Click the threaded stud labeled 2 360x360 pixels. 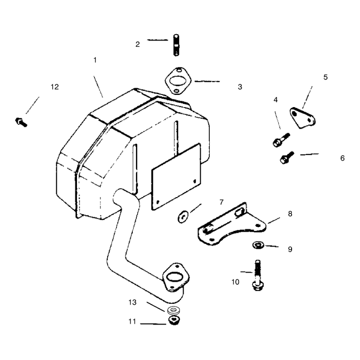click(x=176, y=45)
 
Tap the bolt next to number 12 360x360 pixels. click(x=21, y=122)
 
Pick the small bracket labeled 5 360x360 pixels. click(x=302, y=118)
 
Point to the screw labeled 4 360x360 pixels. click(x=281, y=140)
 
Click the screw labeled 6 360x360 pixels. click(x=287, y=157)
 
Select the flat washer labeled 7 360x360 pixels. click(x=183, y=217)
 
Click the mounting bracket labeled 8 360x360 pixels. click(x=232, y=225)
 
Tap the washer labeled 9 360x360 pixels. click(x=258, y=245)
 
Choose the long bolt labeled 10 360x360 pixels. click(x=258, y=275)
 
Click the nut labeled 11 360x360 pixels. click(x=174, y=320)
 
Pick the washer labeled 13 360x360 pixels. click(x=174, y=310)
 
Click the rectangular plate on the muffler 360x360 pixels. click(x=176, y=176)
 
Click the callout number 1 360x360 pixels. click(x=95, y=60)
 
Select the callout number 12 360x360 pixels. click(x=54, y=87)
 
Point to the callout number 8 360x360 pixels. click(x=290, y=214)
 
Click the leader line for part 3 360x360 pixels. click(x=207, y=81)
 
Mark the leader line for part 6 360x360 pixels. click(x=310, y=154)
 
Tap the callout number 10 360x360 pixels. click(x=235, y=282)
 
